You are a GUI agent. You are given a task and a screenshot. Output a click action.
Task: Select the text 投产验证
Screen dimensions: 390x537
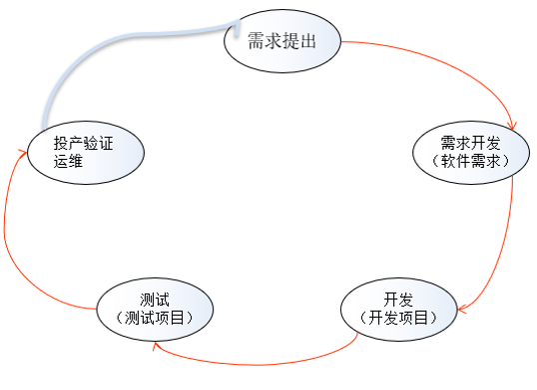(x=85, y=144)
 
